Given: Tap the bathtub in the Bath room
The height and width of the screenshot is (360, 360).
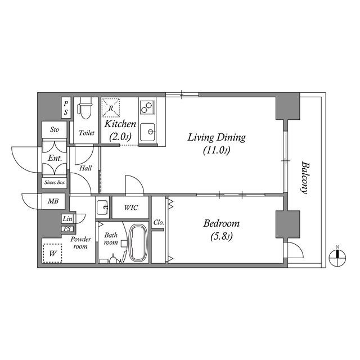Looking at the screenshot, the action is (138, 242).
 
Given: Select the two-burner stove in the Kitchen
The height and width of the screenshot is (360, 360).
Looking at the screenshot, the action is (147, 107).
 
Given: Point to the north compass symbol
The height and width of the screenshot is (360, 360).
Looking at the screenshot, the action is (337, 258).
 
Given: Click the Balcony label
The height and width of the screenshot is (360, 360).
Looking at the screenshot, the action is (305, 178).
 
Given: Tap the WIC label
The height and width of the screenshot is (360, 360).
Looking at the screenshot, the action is (131, 208).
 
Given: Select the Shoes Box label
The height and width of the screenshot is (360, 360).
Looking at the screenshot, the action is (55, 182).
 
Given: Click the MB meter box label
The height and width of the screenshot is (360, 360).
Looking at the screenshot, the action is (53, 201).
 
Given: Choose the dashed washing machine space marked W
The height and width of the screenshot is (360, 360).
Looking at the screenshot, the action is (52, 253).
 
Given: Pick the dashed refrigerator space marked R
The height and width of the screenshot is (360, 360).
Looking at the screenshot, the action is (111, 107).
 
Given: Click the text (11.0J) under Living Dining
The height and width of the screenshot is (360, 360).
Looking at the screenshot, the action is (216, 151).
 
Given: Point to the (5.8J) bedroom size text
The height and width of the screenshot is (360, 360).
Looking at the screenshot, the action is (222, 237).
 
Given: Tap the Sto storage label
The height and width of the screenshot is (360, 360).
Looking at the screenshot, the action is (55, 130).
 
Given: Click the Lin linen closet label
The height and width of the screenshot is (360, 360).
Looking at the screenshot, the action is (67, 219).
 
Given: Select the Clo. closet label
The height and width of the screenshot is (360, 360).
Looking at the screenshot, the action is (159, 222).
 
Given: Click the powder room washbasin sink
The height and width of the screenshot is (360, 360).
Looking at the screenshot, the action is (102, 208).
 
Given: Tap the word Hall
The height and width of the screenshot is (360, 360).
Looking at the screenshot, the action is (85, 168).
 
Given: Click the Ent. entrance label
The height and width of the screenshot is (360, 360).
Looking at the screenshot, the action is (55, 158).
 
